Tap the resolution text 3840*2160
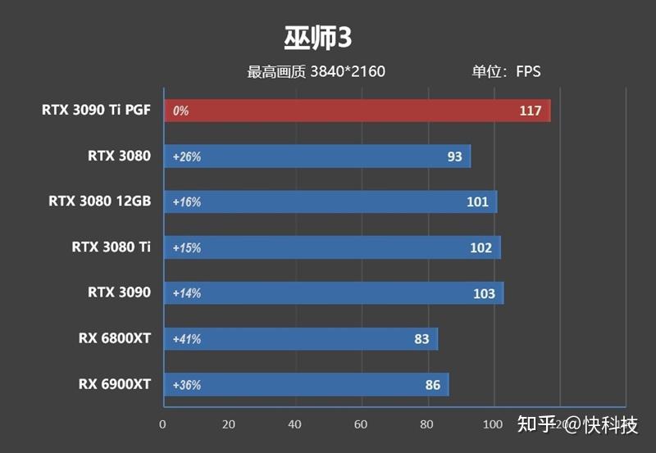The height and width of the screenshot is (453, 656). coord(348,72)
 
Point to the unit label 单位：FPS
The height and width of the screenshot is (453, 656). coord(506,72)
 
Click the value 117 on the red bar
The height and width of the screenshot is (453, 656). coord(531,111)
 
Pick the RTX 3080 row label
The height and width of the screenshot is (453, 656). coord(120,155)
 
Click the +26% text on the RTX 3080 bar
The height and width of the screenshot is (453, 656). coord(186,156)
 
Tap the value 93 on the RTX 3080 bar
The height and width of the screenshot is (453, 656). coord(454,156)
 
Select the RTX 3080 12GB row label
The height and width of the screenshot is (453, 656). coord(99,201)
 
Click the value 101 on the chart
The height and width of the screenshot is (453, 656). coord(477,202)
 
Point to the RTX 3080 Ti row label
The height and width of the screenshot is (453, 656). coord(111,246)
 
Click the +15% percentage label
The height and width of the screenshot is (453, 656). coord(186,248)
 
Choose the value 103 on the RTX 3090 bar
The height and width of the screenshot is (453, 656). coord(484,293)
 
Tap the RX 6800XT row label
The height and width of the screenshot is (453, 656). coord(115,337)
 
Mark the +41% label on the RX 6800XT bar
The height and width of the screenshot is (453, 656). coord(186,339)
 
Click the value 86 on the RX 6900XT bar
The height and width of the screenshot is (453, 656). coord(432,385)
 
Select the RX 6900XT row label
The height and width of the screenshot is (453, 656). coord(115,383)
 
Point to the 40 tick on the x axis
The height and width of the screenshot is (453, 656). coord(295,424)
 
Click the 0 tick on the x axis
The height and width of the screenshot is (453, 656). coord(162,424)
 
